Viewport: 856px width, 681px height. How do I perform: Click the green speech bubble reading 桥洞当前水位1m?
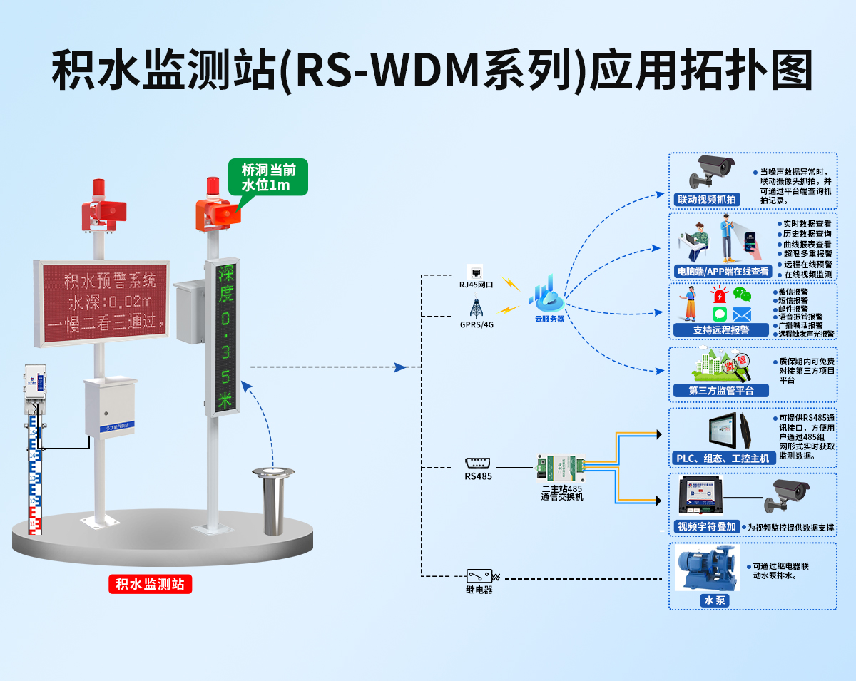(x=267, y=178)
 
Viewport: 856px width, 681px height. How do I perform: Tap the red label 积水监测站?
(x=151, y=585)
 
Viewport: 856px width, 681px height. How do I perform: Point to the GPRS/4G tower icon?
(x=476, y=308)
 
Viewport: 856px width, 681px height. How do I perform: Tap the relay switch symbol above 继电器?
(x=480, y=576)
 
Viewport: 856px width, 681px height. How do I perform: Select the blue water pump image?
(x=707, y=568)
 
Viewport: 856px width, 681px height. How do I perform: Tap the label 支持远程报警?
(x=721, y=330)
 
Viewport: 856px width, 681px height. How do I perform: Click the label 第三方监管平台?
(x=720, y=390)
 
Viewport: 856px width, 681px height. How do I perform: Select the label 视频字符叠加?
(x=705, y=527)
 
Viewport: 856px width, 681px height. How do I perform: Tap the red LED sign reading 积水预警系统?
(x=101, y=303)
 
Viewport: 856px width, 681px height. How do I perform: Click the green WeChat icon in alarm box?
(x=743, y=295)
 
